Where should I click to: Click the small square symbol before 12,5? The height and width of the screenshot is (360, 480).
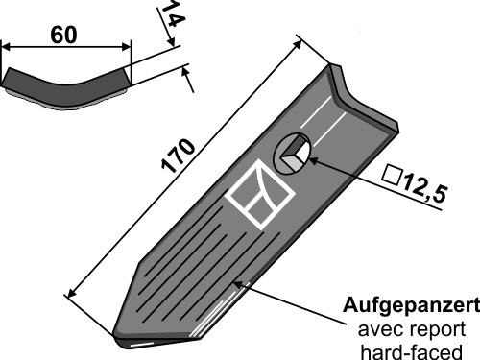pyautogui.click(x=392, y=175)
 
